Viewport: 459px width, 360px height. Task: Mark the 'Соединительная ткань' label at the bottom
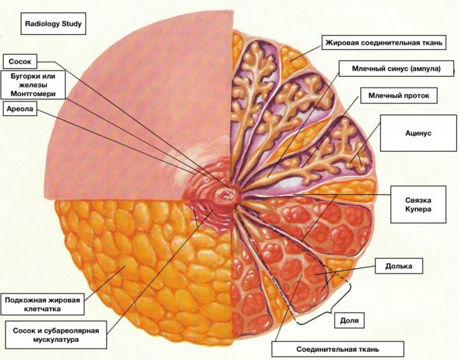(x=337, y=348)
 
